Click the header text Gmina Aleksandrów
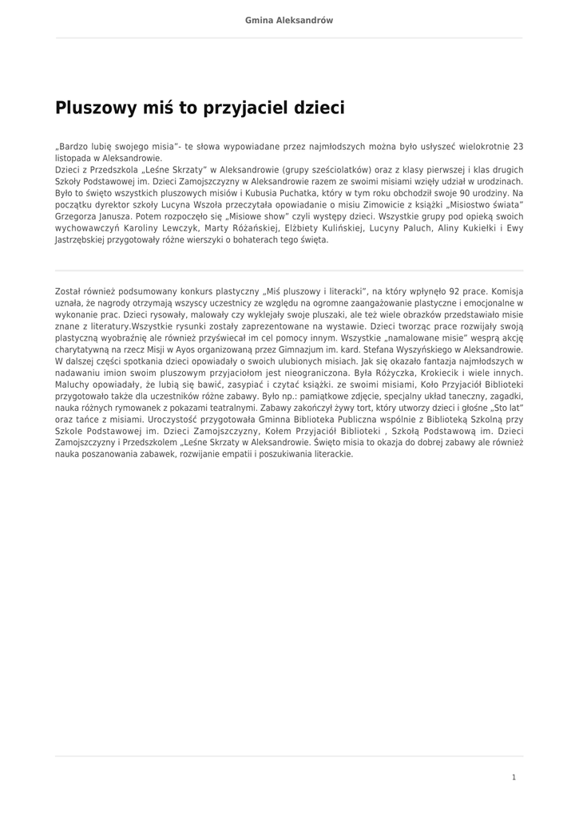point(289,20)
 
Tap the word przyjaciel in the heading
point(251,108)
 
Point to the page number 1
point(514,776)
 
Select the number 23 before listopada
point(518,147)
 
